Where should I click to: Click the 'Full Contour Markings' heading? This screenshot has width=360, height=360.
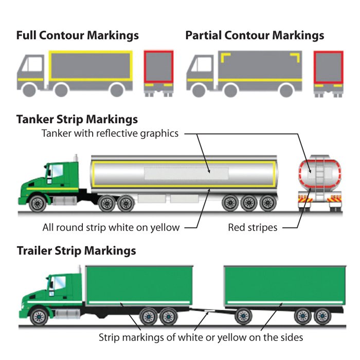pyautogui.click(x=78, y=35)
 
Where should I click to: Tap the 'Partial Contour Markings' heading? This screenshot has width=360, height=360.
pyautogui.click(x=255, y=35)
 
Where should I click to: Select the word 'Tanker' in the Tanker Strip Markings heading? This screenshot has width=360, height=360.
pyautogui.click(x=35, y=119)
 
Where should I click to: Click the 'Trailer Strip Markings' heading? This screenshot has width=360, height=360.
pyautogui.click(x=76, y=250)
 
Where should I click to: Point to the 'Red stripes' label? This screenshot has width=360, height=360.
pyautogui.click(x=253, y=227)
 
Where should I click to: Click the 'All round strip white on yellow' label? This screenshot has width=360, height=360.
pyautogui.click(x=111, y=227)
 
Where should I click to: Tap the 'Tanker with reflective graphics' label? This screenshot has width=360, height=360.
pyautogui.click(x=110, y=133)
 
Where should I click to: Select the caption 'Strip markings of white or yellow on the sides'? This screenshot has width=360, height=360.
pyautogui.click(x=201, y=337)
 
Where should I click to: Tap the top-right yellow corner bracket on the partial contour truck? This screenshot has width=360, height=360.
pyautogui.click(x=296, y=57)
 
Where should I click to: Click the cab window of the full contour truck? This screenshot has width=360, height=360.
pyautogui.click(x=35, y=64)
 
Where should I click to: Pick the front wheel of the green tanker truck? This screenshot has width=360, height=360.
pyautogui.click(x=38, y=204)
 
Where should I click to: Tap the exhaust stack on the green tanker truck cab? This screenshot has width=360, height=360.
pyautogui.click(x=76, y=158)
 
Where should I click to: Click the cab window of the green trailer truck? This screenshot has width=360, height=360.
pyautogui.click(x=59, y=283)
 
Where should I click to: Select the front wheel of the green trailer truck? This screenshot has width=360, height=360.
pyautogui.click(x=39, y=317)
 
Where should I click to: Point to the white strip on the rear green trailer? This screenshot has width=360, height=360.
pyautogui.click(x=284, y=302)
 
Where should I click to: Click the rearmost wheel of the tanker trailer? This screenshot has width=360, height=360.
pyautogui.click(x=268, y=203)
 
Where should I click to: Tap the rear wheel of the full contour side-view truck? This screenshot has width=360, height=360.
pyautogui.click(x=117, y=90)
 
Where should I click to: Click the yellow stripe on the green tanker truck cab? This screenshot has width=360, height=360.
pyautogui.click(x=52, y=189)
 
